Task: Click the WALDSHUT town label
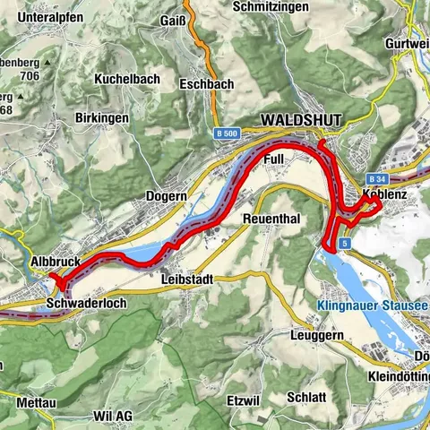point(296,119)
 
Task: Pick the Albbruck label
point(57,261)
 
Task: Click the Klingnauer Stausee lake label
point(373,306)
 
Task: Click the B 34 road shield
point(377,154)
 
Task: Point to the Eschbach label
point(206,85)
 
